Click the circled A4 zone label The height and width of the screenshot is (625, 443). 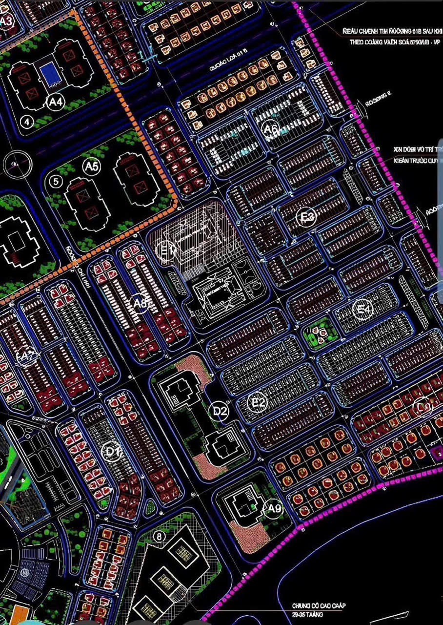(57, 102)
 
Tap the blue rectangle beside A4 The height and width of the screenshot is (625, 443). (49, 74)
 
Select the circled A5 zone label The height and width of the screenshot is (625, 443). (91, 167)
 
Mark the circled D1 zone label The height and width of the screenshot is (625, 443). (113, 453)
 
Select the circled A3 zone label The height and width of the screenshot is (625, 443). (6, 21)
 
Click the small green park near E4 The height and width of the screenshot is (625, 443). (320, 334)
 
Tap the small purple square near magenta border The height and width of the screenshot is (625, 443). (437, 452)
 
